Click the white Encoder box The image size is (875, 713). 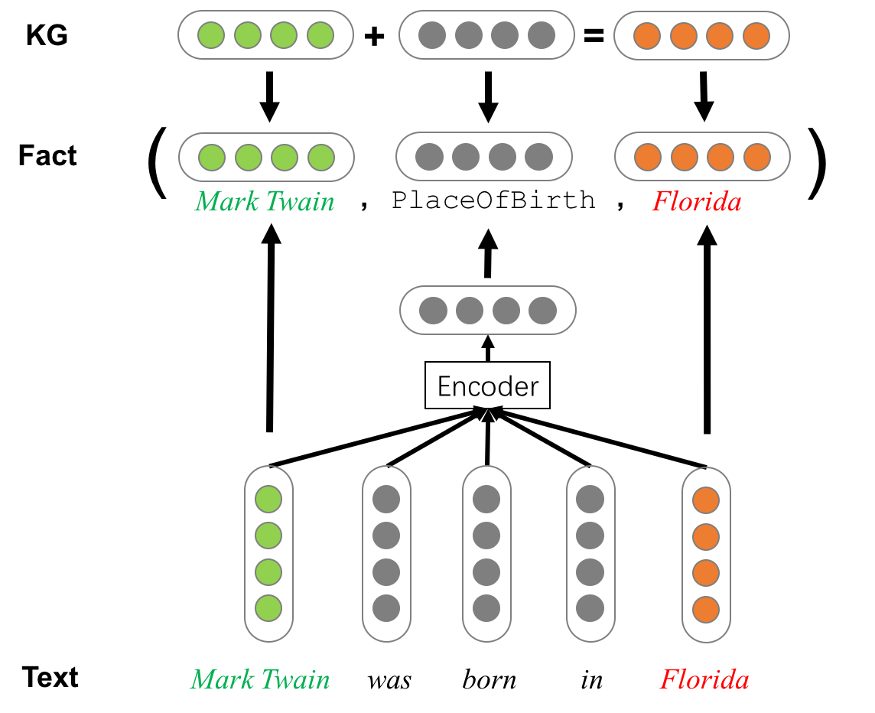tap(487, 386)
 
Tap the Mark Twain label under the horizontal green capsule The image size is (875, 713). tap(265, 202)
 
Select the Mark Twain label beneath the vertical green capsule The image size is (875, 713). tap(260, 679)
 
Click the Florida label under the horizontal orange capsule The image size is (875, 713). tap(696, 202)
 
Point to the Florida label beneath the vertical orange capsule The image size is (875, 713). tap(704, 679)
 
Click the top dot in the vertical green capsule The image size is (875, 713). tap(268, 500)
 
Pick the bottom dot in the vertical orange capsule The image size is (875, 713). tap(706, 610)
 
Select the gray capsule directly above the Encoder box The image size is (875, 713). tap(487, 310)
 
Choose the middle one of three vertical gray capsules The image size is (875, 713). tap(486, 554)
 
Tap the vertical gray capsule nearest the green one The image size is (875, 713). tap(386, 554)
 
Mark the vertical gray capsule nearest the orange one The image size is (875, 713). tap(590, 554)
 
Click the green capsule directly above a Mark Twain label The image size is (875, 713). tap(266, 158)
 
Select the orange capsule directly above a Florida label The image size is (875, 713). tap(702, 158)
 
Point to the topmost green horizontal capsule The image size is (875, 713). tap(265, 35)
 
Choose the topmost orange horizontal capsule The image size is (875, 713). tap(701, 35)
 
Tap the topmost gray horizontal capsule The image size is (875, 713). tap(486, 35)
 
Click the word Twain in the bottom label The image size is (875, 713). tap(294, 679)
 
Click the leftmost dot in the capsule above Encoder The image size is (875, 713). tap(433, 311)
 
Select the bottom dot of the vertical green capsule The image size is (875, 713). tap(268, 608)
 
